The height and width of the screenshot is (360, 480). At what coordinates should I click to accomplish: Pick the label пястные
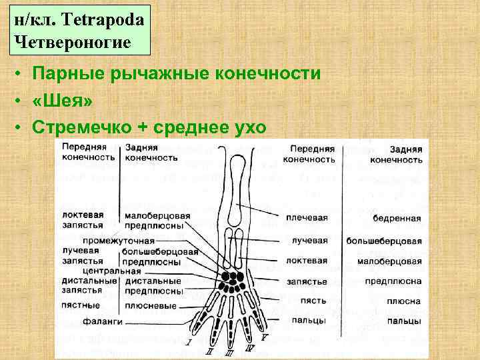pos(80,305)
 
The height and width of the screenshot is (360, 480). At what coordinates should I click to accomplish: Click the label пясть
pos(312,301)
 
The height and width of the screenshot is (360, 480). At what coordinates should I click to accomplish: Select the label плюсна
pos(405,301)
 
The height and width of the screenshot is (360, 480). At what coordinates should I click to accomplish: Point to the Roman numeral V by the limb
pos(265,337)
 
